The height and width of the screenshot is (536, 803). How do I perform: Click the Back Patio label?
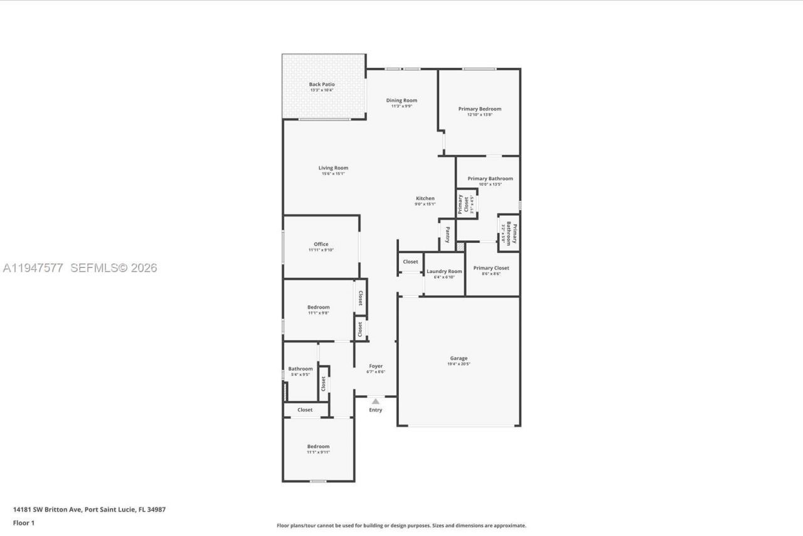click(x=321, y=84)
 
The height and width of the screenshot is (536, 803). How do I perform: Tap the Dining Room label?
click(x=401, y=100)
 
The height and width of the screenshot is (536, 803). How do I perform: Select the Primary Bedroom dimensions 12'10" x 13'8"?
click(x=480, y=115)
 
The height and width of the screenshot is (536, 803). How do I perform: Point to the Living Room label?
click(x=333, y=168)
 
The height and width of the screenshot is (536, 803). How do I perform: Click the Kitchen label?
click(x=425, y=198)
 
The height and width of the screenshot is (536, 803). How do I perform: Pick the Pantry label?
click(x=447, y=235)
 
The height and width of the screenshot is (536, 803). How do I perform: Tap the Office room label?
click(x=321, y=244)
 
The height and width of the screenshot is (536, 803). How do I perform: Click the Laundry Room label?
click(x=444, y=271)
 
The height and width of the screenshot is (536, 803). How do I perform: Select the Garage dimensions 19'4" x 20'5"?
click(x=459, y=364)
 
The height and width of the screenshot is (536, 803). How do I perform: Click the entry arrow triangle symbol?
click(x=375, y=401)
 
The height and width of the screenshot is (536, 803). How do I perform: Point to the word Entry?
click(x=375, y=410)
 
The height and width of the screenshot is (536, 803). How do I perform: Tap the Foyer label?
click(x=375, y=366)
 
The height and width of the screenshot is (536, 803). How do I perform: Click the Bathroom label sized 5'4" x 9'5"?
click(x=300, y=369)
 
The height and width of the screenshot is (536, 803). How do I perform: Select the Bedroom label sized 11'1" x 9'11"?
click(x=318, y=446)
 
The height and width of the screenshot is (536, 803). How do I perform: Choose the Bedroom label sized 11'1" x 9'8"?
click(x=318, y=307)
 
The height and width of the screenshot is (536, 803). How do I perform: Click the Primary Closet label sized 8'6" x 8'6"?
click(x=491, y=268)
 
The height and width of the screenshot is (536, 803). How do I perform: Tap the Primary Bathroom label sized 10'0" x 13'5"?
click(x=490, y=178)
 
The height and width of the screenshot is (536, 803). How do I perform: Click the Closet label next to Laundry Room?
click(x=410, y=262)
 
